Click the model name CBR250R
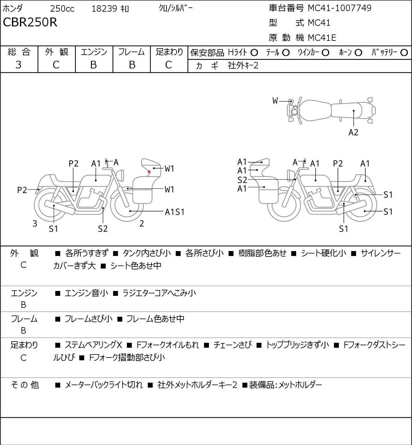coord(30,22)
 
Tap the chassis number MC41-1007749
coord(339,8)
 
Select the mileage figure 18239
coord(104,9)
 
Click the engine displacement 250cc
coord(62,9)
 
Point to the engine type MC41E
coord(322,38)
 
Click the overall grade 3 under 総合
coord(18,65)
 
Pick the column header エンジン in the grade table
coord(94,52)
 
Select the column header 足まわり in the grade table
coord(169,52)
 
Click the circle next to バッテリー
coord(404,53)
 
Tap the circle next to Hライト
coord(254,53)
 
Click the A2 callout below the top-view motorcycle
coord(353,132)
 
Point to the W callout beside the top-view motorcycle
coord(275,101)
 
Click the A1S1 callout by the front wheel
coord(175,212)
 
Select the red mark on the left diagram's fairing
coord(149,172)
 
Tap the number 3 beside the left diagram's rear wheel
coord(35,223)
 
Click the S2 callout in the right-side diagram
coord(242,180)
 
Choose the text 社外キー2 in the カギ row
coord(243,66)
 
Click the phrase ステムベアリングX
coord(93,345)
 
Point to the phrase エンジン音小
coord(86,293)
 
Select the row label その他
coord(25,385)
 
